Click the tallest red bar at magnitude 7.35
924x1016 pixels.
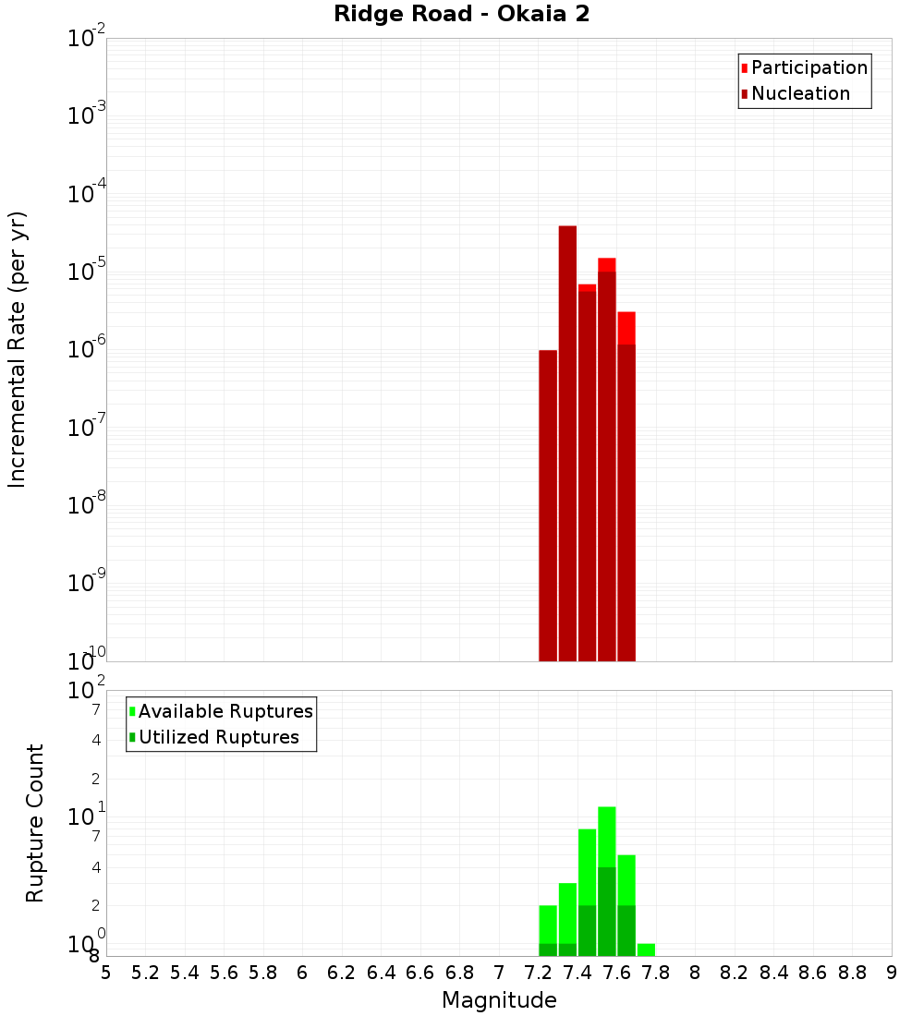pyautogui.click(x=567, y=443)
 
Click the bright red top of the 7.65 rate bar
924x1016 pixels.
pyautogui.click(x=626, y=328)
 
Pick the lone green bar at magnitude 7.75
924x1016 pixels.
pyautogui.click(x=646, y=949)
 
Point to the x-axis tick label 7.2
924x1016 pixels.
pyautogui.click(x=538, y=973)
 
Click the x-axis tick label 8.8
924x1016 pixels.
pyautogui.click(x=852, y=973)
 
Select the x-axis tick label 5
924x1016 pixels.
pyautogui.click(x=106, y=973)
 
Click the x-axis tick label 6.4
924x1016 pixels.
pyautogui.click(x=381, y=973)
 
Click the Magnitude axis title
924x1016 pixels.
pyautogui.click(x=499, y=1000)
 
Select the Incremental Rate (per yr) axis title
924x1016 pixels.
pyautogui.click(x=18, y=349)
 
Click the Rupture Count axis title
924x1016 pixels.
pyautogui.click(x=35, y=822)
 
